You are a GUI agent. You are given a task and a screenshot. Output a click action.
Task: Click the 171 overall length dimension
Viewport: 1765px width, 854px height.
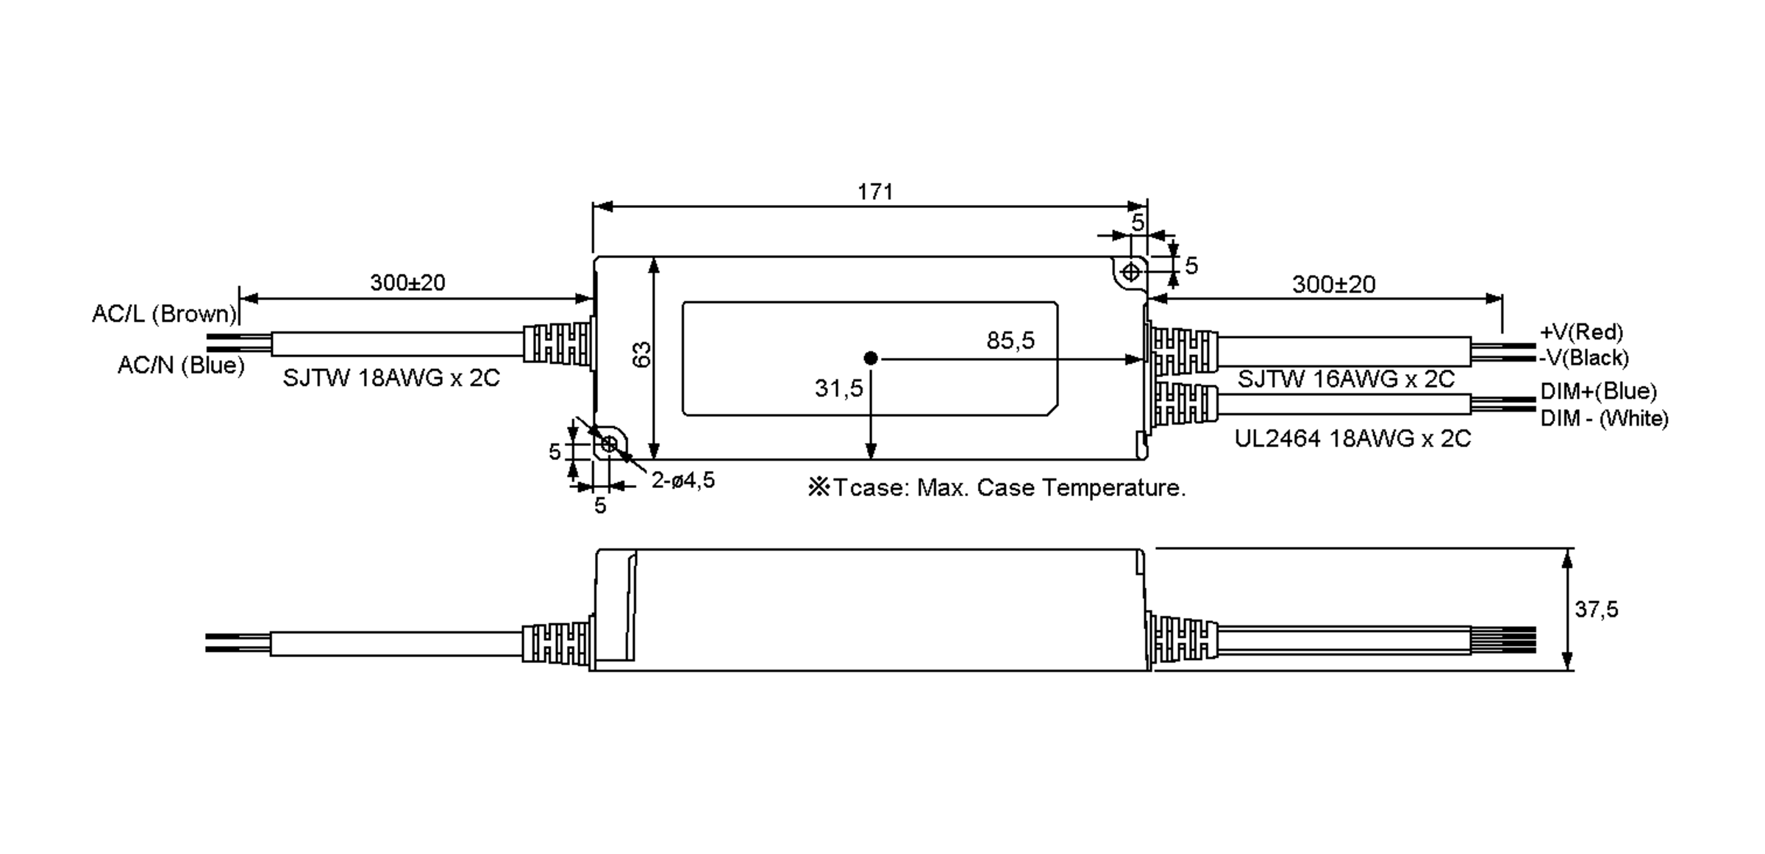[x=875, y=192]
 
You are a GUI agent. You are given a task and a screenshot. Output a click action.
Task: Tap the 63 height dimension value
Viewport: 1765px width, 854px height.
[x=642, y=354]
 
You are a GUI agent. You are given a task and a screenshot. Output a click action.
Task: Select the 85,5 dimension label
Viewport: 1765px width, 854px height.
[x=1010, y=340]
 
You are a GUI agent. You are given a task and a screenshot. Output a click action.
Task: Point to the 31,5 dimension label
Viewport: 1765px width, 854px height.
[x=838, y=388]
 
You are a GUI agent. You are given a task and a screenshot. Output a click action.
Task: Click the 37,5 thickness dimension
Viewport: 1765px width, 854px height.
[x=1596, y=609]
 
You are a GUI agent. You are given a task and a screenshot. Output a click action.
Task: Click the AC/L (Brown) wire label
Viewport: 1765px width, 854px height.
[x=164, y=314]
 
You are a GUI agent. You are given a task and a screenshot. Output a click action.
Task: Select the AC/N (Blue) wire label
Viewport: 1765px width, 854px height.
[x=181, y=365]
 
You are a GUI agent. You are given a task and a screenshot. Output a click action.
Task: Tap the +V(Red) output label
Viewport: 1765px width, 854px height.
[x=1581, y=331]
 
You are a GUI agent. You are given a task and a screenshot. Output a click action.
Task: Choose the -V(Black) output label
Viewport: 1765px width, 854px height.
[x=1584, y=358]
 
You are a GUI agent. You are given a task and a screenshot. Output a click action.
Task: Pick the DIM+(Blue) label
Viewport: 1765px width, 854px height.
[x=1598, y=390]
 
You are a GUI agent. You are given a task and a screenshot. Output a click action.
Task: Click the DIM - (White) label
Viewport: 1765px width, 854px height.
[x=1604, y=418]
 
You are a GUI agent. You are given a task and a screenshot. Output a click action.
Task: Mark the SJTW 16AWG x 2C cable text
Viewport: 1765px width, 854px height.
[x=1346, y=379]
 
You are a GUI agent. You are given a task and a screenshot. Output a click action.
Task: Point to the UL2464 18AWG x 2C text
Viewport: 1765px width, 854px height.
[x=1352, y=439]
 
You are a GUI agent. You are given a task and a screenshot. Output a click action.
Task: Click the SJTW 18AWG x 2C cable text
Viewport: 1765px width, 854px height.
[x=391, y=378]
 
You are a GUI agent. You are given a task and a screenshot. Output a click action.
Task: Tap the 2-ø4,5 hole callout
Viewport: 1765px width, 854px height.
[x=682, y=481]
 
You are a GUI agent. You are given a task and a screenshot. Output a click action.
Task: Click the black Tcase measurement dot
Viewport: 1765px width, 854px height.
[x=871, y=359]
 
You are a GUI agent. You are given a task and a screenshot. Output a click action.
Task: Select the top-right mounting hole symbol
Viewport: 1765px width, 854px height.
[x=1130, y=273]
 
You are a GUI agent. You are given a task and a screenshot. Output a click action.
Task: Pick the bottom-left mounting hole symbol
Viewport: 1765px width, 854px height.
[x=609, y=444]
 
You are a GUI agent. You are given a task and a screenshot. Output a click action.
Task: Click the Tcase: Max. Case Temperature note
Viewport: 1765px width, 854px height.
[x=996, y=487]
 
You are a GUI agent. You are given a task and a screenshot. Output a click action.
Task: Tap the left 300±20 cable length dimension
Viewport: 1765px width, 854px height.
[x=407, y=282]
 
